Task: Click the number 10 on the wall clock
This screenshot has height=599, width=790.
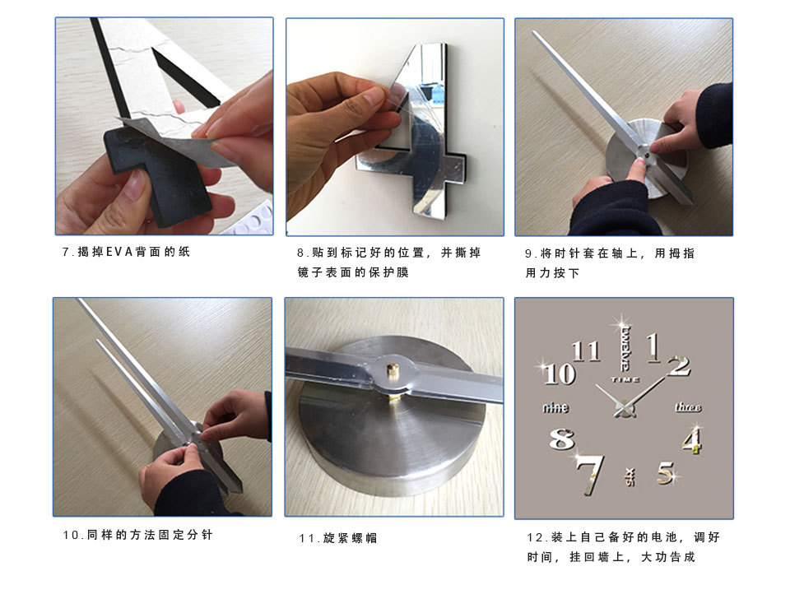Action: click(x=559, y=373)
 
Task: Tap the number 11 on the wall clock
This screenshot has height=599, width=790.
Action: click(x=586, y=351)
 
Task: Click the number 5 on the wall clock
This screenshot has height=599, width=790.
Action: click(x=665, y=473)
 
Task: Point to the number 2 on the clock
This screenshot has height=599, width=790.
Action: click(x=679, y=365)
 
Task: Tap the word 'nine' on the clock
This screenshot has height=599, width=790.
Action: click(x=555, y=407)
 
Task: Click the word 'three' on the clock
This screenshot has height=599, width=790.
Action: click(x=688, y=407)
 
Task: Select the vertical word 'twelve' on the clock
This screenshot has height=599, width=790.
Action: click(x=625, y=348)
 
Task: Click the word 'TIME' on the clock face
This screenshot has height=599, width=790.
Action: click(x=625, y=379)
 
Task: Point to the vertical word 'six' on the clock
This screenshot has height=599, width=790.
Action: click(x=630, y=475)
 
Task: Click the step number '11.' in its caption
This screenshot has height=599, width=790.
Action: click(x=309, y=538)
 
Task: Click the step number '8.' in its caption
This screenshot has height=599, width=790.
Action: click(x=302, y=253)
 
